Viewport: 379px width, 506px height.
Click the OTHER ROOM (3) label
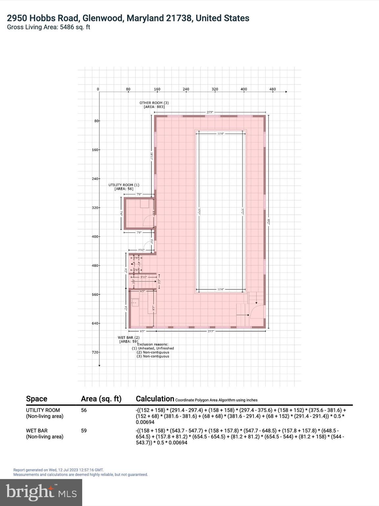(154, 103)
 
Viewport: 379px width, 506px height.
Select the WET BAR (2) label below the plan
(129, 338)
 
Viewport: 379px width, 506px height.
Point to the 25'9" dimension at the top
(210, 112)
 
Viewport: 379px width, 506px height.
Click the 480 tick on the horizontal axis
(273, 89)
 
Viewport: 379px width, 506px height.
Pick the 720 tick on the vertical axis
(95, 352)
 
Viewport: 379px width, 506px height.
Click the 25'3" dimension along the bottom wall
(211, 331)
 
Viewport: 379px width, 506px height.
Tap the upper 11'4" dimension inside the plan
(220, 134)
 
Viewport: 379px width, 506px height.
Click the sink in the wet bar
(135, 302)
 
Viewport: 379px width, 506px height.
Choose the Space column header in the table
(37, 399)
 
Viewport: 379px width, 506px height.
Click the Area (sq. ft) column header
(101, 399)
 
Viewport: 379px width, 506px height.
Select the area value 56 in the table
(84, 410)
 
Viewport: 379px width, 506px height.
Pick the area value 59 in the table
(84, 431)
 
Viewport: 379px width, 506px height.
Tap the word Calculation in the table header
(155, 399)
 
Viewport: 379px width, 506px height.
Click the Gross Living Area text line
(48, 27)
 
